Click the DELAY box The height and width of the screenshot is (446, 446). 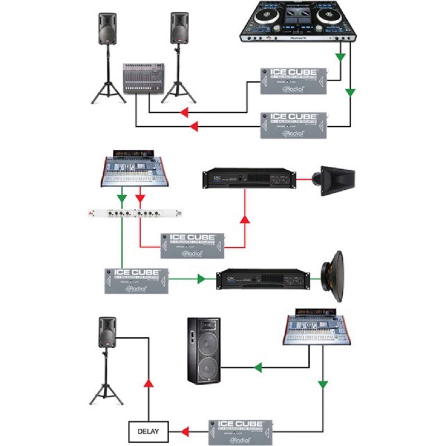click(147, 431)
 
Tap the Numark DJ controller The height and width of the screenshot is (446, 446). click(299, 21)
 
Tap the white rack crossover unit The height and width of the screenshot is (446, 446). click(136, 213)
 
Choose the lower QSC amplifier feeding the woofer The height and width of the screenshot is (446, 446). click(262, 277)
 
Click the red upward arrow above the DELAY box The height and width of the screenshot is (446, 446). click(148, 384)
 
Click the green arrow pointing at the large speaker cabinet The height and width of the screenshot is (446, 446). click(257, 367)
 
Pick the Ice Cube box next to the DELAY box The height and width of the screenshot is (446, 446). click(241, 431)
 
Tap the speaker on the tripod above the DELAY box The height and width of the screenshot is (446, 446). click(107, 333)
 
